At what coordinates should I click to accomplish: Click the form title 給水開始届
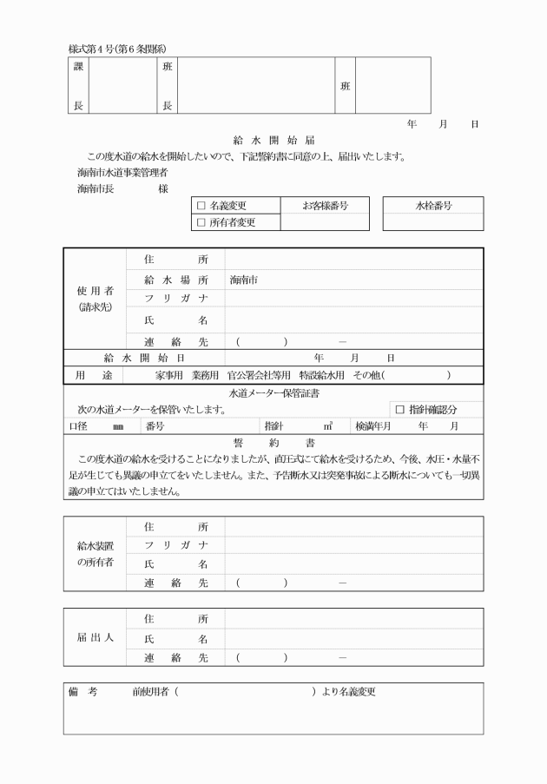pyautogui.click(x=273, y=140)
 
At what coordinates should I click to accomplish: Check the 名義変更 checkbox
pyautogui.click(x=201, y=207)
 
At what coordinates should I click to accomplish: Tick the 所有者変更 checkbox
pyautogui.click(x=201, y=223)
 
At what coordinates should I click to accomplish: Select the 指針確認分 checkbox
pyautogui.click(x=400, y=409)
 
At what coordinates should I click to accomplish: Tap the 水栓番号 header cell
pyautogui.click(x=432, y=207)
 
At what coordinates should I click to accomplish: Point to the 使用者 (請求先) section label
pyautogui.click(x=96, y=299)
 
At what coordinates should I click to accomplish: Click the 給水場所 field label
pyautogui.click(x=176, y=280)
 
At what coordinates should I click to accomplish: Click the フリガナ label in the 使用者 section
pyautogui.click(x=176, y=300)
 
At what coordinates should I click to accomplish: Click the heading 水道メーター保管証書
pyautogui.click(x=273, y=394)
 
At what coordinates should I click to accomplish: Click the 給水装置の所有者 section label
pyautogui.click(x=96, y=556)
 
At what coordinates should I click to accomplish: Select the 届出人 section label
pyautogui.click(x=96, y=638)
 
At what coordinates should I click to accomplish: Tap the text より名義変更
pyautogui.click(x=348, y=692)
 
